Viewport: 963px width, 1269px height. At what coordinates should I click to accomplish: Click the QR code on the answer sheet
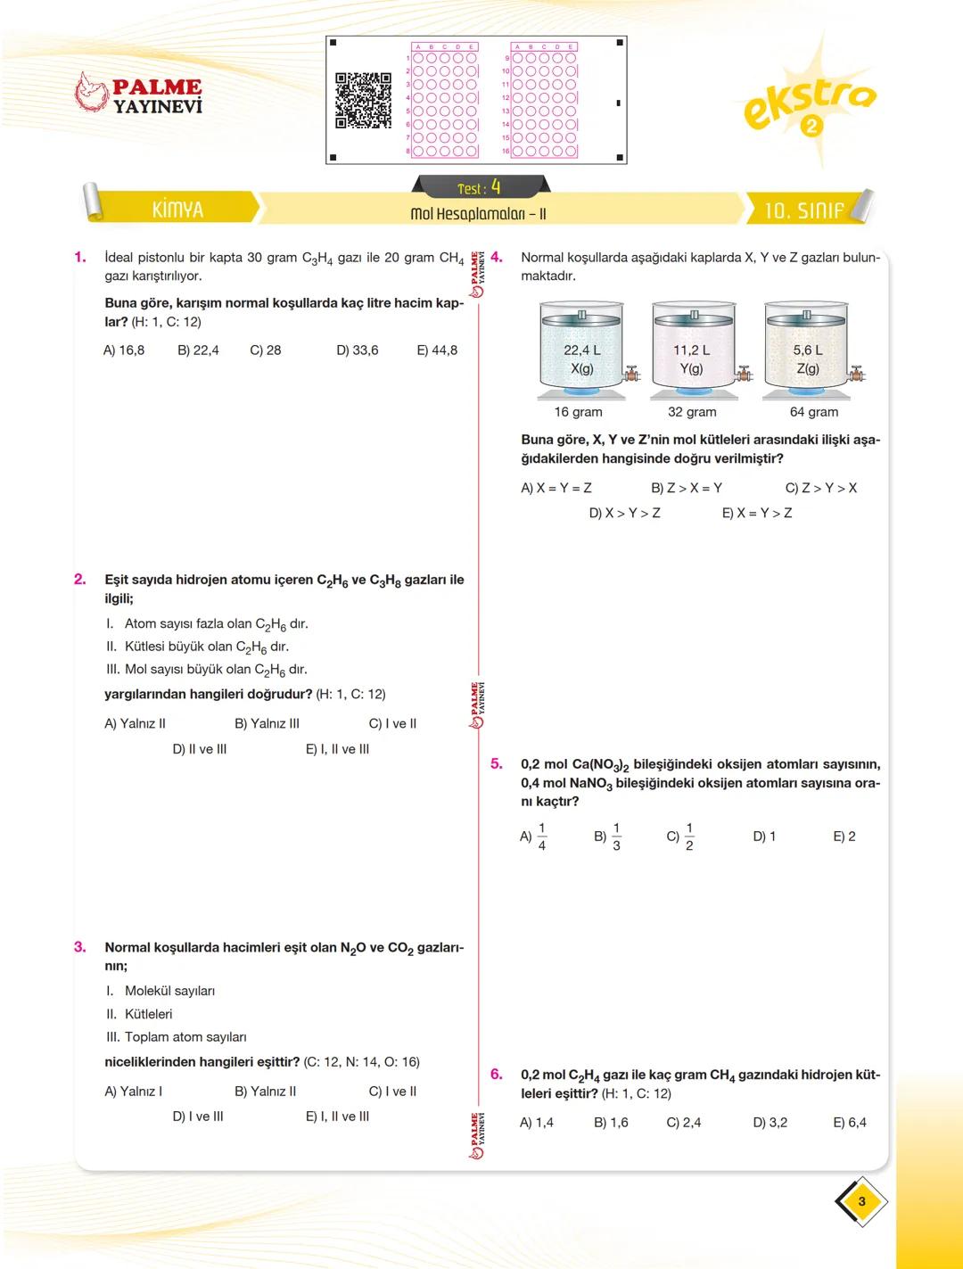pos(363,101)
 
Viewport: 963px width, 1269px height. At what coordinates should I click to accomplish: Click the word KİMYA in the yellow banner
pos(177,210)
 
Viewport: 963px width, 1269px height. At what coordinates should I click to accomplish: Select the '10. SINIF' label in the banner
pos(803,210)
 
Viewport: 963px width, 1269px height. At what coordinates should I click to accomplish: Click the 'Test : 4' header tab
pos(480,187)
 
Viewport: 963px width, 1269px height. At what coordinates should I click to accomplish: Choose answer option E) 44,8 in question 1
pos(437,350)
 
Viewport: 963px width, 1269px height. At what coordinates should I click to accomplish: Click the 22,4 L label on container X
pos(581,350)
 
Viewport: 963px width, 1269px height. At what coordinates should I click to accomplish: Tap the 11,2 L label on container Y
pos(691,350)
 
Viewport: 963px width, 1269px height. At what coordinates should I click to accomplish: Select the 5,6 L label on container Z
pos(807,350)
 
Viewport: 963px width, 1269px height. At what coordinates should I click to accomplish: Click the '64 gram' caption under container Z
pos(813,412)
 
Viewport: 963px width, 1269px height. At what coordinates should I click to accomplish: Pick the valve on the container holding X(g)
pos(632,375)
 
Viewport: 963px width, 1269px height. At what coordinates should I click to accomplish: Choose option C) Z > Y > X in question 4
pos(820,488)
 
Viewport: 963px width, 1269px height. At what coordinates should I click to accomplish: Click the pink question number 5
pos(497,764)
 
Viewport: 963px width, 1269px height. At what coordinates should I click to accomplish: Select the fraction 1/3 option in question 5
pos(609,836)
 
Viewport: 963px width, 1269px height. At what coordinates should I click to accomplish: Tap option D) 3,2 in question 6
pos(770,1123)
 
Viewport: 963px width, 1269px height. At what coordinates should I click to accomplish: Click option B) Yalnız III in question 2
pos(267,724)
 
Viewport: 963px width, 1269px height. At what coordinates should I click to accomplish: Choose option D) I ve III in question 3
pos(197,1117)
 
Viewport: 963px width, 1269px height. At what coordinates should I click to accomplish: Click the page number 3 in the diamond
pos(861,1201)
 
